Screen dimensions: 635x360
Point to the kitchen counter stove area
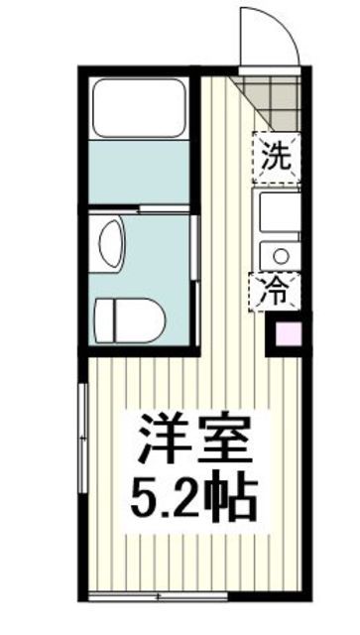(277, 211)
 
